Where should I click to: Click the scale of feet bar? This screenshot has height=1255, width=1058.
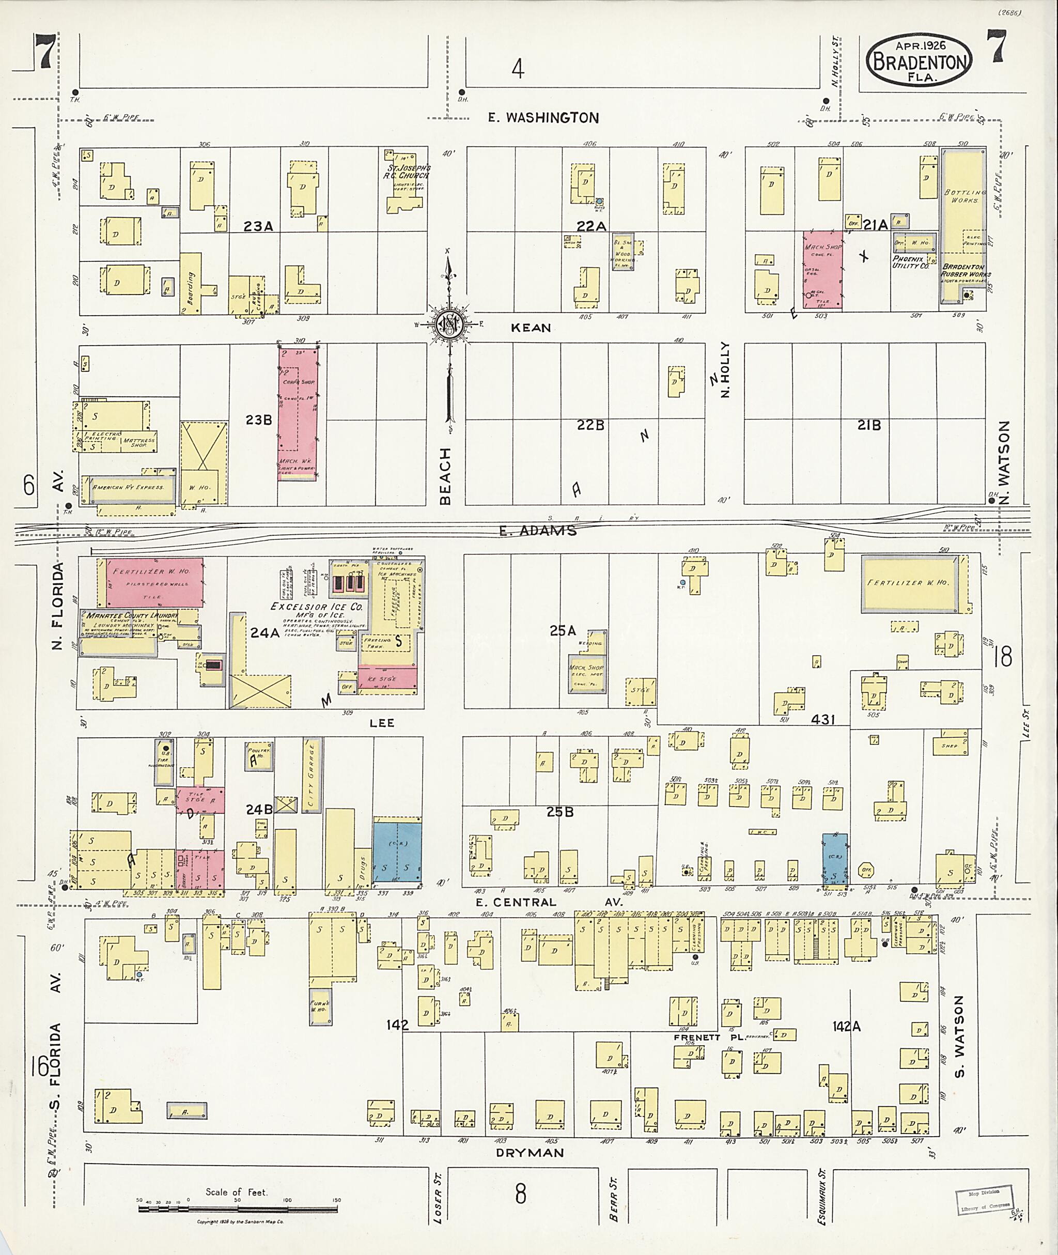pos(239,1208)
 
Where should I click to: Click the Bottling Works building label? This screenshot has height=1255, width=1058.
pos(964,196)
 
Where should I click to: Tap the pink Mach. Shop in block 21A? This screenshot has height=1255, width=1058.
pos(822,269)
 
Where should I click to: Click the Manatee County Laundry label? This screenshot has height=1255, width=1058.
pos(131,615)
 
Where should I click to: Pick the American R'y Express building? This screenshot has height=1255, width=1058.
pos(128,487)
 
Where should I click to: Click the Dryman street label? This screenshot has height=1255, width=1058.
pos(530,1153)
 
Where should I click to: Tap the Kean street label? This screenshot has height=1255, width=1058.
pos(531,328)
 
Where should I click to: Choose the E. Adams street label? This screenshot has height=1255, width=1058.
pos(537,530)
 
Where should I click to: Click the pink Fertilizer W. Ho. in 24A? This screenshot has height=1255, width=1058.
pos(155,582)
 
